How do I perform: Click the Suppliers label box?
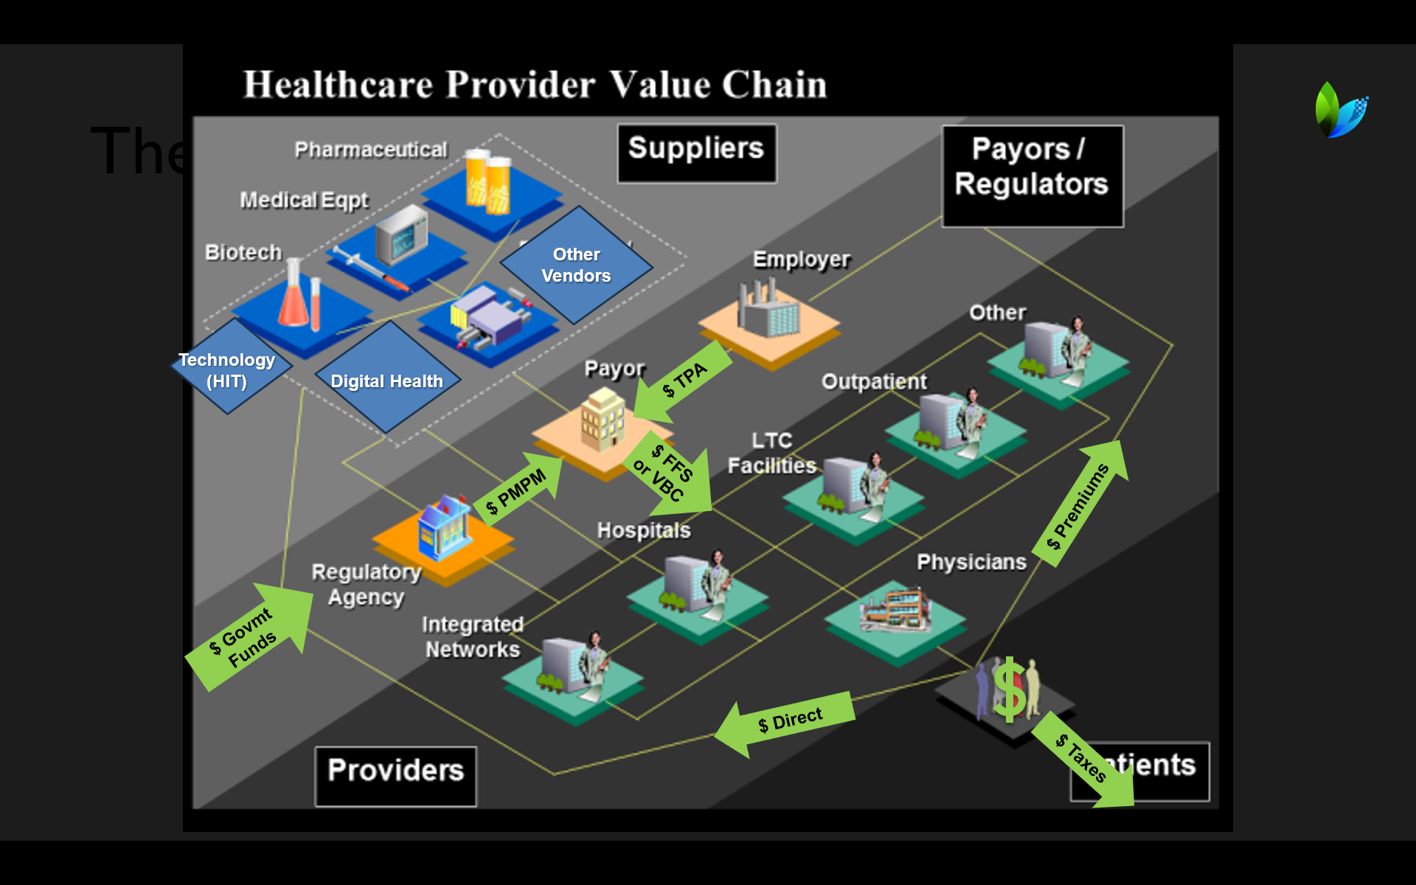696,153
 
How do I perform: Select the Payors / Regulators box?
1032,176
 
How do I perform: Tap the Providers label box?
395,775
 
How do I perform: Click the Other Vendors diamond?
576,265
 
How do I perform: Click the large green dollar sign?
1008,690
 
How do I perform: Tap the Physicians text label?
971,562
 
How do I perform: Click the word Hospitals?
643,530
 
